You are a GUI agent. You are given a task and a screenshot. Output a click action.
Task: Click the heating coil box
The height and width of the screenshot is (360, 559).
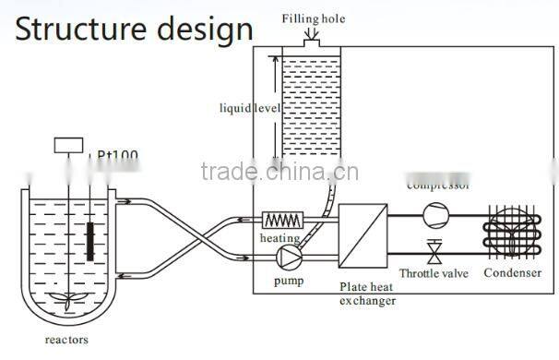pos(283,220)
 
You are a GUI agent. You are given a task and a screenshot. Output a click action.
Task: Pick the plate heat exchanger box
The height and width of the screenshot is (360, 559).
pos(365,235)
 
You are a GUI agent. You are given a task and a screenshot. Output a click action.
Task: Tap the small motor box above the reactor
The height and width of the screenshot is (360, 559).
pos(68,145)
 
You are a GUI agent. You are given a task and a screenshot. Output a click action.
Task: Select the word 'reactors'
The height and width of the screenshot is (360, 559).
pos(66,340)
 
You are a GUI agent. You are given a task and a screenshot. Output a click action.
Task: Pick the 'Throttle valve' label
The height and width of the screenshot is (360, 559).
pos(433,273)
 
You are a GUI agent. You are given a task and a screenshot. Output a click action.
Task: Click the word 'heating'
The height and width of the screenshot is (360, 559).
pos(279,237)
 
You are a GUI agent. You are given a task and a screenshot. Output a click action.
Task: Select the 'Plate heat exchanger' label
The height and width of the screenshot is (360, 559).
pos(367,294)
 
